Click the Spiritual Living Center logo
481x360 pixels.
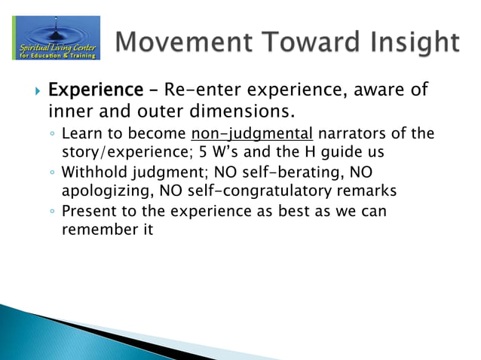[56, 38]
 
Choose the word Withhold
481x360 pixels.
[93, 173]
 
